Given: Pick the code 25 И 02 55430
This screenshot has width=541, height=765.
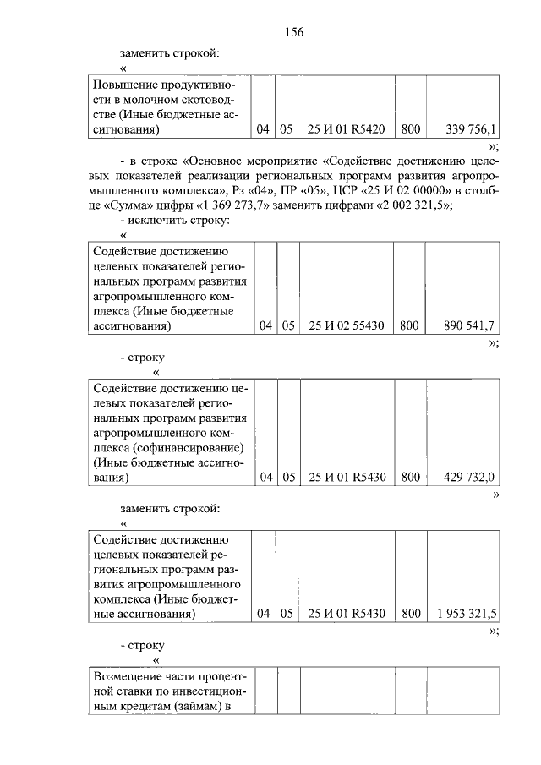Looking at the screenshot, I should point(347,325).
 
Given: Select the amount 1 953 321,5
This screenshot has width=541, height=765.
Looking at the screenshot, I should point(467,614).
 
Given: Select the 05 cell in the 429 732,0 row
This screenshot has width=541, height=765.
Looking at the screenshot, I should point(287,477).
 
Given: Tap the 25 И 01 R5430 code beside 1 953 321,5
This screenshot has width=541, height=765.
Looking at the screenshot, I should point(347,614).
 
